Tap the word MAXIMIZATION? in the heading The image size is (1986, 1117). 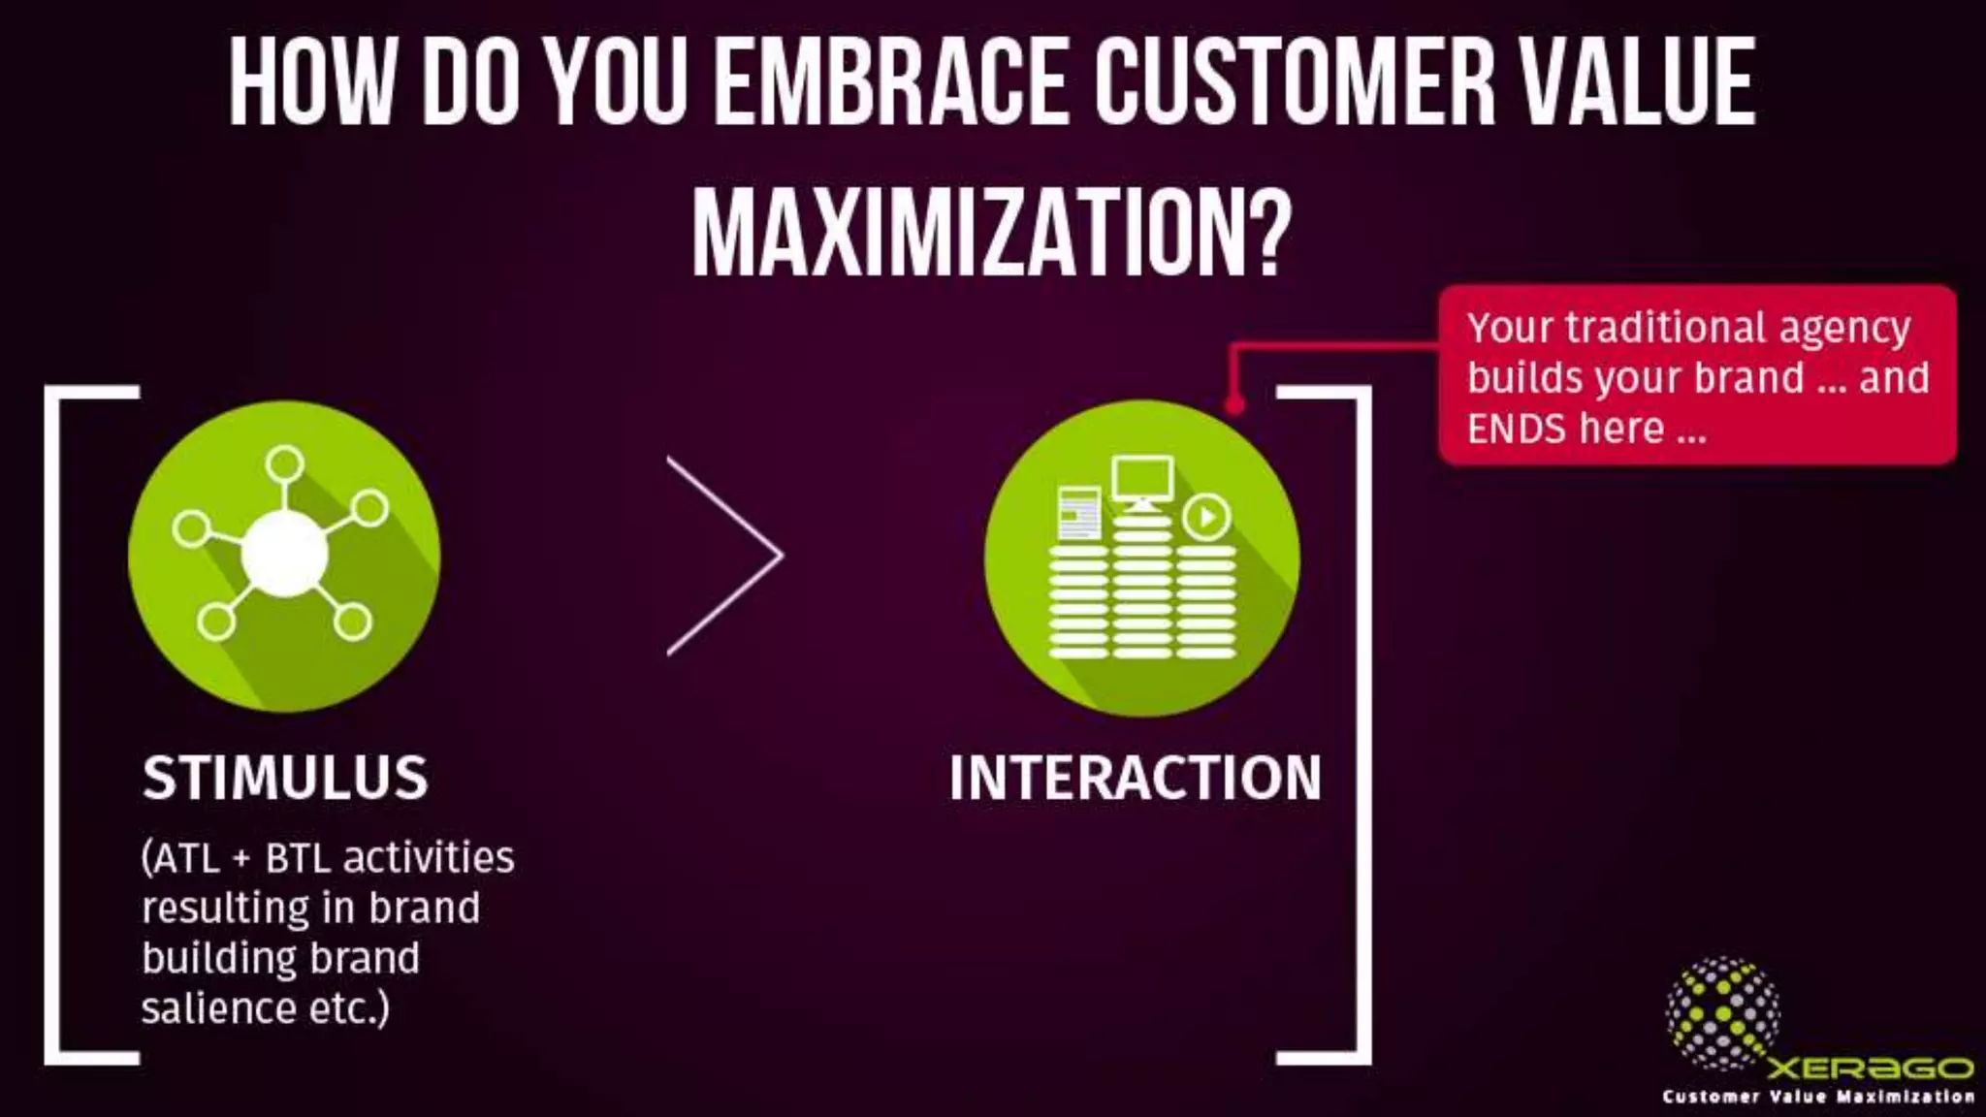coord(992,233)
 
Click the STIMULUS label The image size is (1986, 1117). coord(285,778)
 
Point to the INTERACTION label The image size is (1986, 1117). coord(1135,778)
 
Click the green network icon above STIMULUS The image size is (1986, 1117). coord(284,557)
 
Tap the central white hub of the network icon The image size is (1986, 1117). coord(284,554)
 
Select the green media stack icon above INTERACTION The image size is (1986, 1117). coord(1141,558)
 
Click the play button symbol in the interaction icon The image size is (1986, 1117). coord(1206,517)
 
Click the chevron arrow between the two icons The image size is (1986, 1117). coord(725,557)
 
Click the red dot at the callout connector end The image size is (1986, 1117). coord(1233,404)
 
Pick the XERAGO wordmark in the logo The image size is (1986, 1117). coord(1870,1068)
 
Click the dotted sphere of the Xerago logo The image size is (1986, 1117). coord(1722,1013)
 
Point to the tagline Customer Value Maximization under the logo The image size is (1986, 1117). coord(1818,1097)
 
